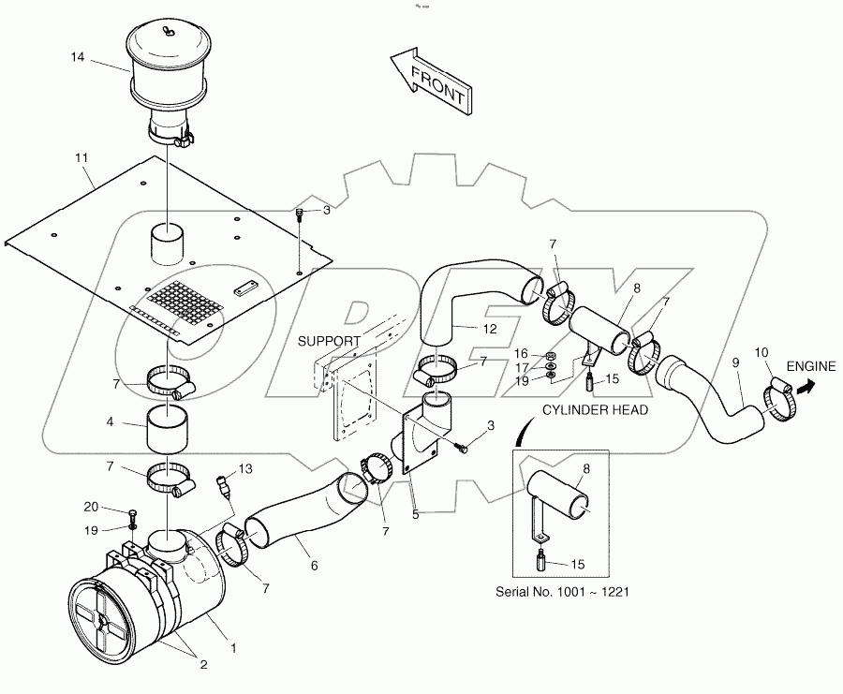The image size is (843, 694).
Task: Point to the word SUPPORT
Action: (x=329, y=342)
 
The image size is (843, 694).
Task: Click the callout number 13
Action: (x=245, y=468)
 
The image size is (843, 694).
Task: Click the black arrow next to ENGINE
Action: (x=804, y=384)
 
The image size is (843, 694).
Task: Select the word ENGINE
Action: (x=810, y=366)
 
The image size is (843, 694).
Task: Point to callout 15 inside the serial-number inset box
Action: (x=578, y=564)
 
